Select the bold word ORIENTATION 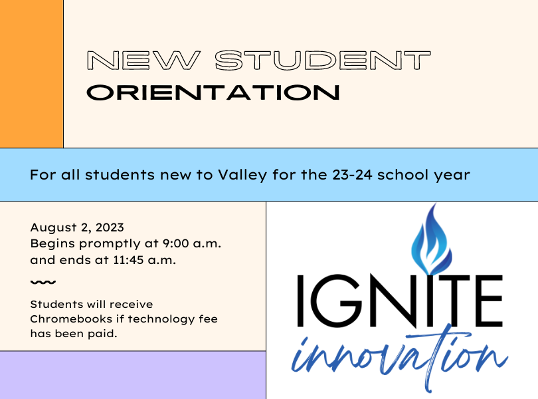[213, 92]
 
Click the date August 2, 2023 [77, 228]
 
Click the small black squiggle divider [43, 283]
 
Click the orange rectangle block [31, 73]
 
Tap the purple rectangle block [133, 375]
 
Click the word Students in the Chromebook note [56, 305]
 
